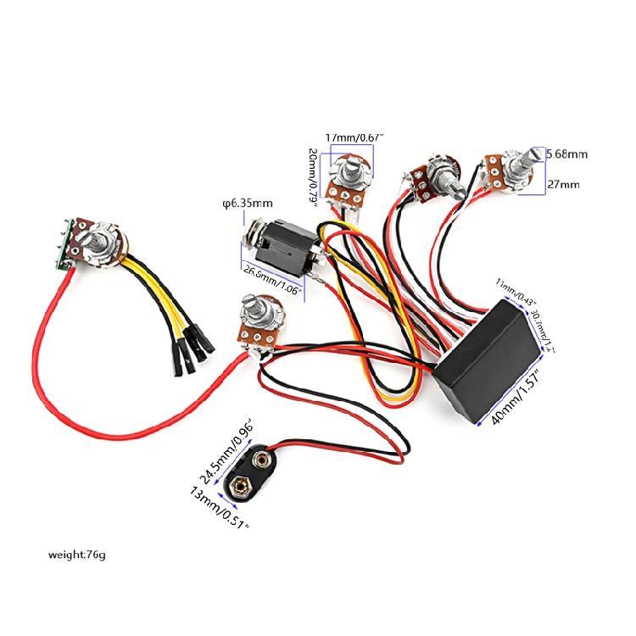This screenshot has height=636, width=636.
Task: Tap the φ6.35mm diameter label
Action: coord(247,204)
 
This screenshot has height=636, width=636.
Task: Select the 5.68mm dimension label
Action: coord(566,154)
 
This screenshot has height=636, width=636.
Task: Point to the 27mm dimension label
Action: coord(563,184)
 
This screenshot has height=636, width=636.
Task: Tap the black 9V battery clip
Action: coord(270,471)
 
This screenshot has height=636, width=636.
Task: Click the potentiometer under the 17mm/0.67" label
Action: coord(349,178)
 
